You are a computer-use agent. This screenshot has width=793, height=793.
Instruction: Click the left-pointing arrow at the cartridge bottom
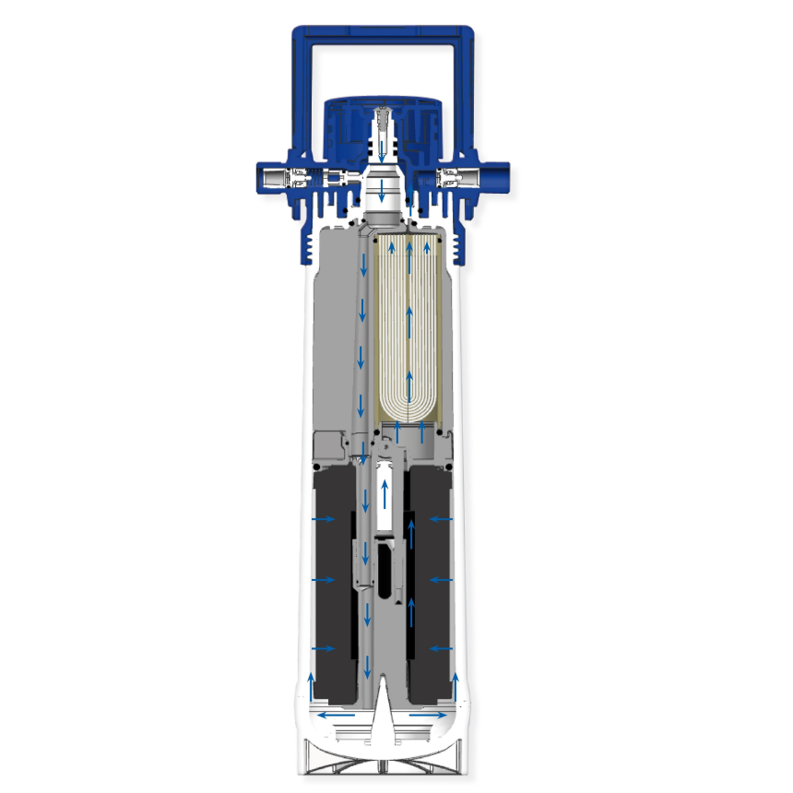pyautogui.click(x=336, y=715)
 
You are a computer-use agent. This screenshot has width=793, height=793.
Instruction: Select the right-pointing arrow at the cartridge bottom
pyautogui.click(x=428, y=715)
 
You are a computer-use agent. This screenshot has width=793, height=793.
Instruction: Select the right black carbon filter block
pyautogui.click(x=432, y=581)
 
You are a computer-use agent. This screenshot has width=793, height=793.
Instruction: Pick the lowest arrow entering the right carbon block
pyautogui.click(x=441, y=649)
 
